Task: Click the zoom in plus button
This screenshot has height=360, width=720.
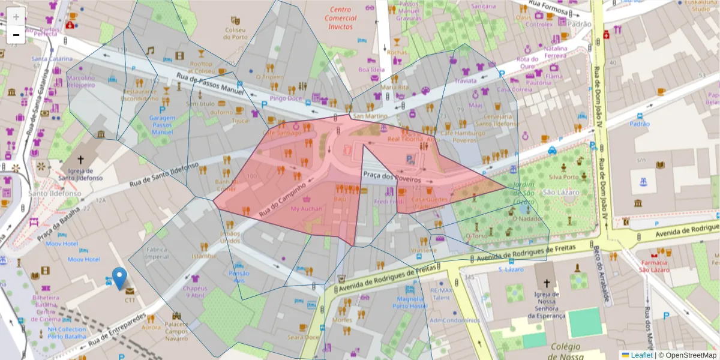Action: click(16, 17)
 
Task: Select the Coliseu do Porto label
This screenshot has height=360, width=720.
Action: click(235, 33)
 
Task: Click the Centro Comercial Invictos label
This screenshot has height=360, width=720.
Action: click(341, 18)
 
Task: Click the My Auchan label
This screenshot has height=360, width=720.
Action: click(306, 209)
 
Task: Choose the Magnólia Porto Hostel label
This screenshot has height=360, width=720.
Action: click(411, 302)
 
